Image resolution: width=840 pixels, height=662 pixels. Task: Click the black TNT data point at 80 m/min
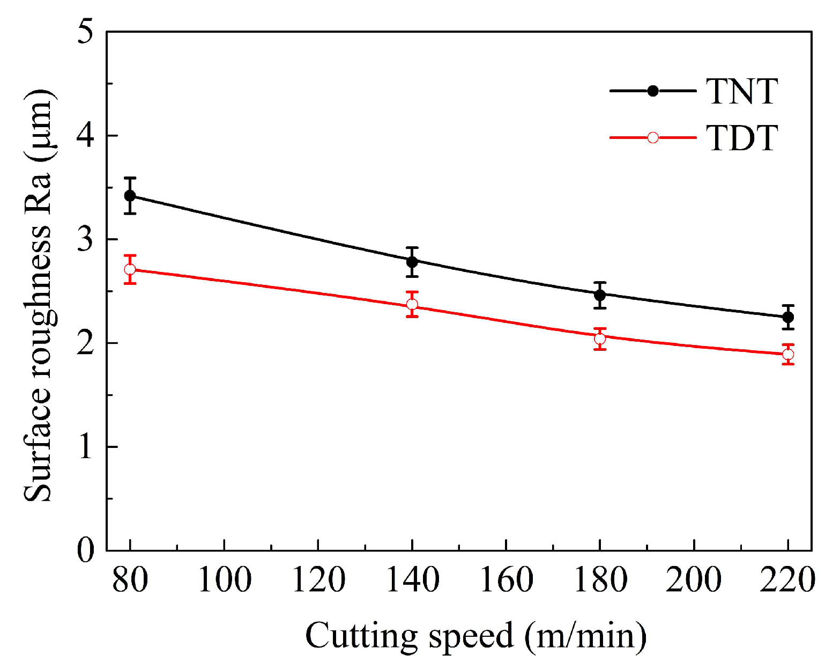click(x=130, y=195)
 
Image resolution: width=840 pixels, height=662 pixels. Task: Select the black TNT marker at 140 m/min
click(x=412, y=262)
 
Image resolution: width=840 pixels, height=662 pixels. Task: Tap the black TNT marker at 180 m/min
click(x=600, y=295)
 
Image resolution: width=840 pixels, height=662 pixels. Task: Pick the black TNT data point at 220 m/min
click(x=788, y=317)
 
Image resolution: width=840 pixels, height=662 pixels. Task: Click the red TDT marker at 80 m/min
click(x=130, y=269)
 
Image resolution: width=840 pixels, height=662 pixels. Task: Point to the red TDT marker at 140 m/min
click(x=412, y=304)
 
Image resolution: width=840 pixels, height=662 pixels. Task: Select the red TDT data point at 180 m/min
click(x=600, y=339)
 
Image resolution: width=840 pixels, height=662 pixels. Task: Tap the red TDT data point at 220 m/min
click(x=788, y=354)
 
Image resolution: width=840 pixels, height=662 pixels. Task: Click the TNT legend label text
click(x=742, y=91)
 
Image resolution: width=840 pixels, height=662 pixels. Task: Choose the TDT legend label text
click(x=742, y=138)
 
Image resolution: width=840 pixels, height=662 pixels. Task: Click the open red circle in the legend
click(x=653, y=138)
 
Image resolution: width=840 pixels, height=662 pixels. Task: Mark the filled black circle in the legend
click(x=653, y=91)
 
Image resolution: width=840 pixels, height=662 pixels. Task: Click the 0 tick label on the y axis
click(x=85, y=550)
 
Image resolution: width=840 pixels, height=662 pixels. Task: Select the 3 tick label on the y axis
click(x=85, y=239)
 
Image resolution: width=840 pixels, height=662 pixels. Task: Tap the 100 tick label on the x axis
click(x=224, y=580)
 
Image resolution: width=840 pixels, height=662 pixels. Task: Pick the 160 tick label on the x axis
click(x=506, y=580)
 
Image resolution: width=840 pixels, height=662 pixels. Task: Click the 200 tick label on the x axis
click(x=694, y=580)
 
